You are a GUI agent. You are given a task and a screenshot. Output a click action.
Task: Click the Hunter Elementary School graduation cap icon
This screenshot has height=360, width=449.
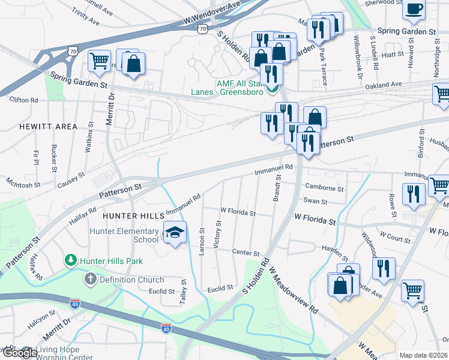(174, 232)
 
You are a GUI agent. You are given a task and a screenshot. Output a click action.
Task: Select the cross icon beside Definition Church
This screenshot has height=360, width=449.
(90, 279)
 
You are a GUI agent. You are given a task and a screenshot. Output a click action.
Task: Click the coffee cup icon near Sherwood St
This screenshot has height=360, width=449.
(414, 8)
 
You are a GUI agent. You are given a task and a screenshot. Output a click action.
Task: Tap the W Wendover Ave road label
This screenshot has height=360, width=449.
(212, 17)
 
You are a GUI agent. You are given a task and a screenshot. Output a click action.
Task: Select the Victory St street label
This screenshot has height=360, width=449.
(218, 234)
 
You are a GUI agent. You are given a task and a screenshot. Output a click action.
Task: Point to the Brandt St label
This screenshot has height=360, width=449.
(278, 187)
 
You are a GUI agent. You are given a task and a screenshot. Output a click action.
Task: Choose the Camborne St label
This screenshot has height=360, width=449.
(324, 188)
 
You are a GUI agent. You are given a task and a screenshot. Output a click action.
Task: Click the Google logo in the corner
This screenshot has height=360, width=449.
(20, 353)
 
